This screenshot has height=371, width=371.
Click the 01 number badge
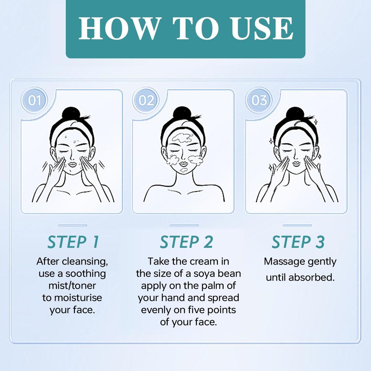click(35, 100)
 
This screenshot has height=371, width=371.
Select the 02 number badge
click(146, 100)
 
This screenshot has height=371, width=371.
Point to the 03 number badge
click(259, 100)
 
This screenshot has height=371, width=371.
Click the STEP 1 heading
click(73, 242)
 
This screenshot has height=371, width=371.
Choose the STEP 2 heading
click(186, 242)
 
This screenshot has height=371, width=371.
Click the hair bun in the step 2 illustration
click(182, 113)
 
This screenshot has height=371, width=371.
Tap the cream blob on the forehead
click(182, 138)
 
